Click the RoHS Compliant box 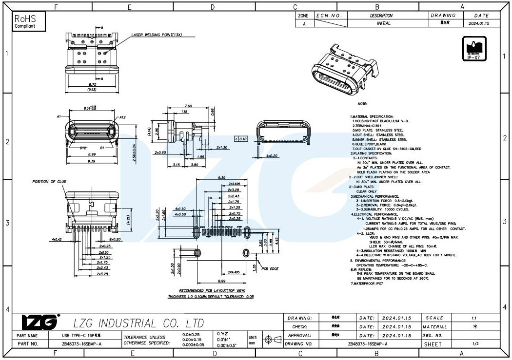(29, 21)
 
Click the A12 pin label (123, 117)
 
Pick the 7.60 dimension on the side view (188, 106)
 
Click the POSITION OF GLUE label (47, 182)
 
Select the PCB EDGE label (271, 268)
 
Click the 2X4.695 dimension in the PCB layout (234, 184)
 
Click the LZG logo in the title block (39, 322)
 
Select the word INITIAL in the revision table (383, 23)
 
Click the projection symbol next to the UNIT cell (272, 339)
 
